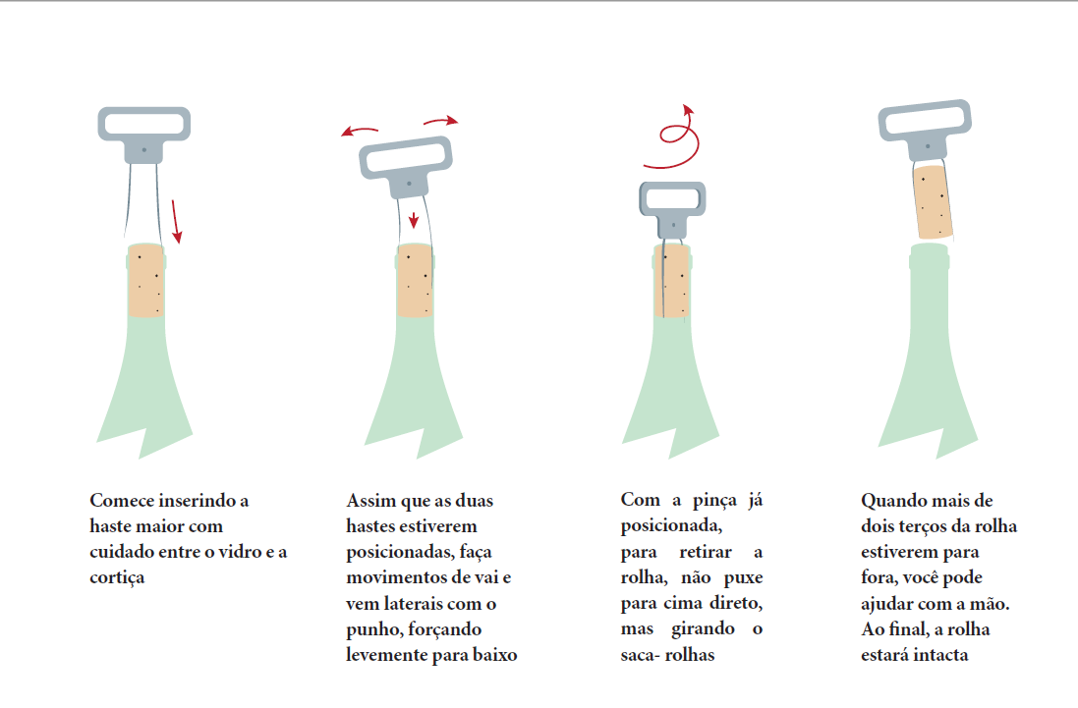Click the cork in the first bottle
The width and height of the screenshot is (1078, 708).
pos(145,280)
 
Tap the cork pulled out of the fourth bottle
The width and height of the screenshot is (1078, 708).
pos(933,200)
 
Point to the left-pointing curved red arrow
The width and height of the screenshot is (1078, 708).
pos(360,130)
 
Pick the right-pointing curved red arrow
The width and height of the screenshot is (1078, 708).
pos(440,121)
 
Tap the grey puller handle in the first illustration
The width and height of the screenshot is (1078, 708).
pos(143,134)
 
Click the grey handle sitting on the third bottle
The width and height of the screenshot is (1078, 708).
pos(672,208)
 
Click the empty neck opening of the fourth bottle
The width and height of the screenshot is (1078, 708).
pos(929,248)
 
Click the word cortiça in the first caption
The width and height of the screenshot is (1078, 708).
pos(117,577)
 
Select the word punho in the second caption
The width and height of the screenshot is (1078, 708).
pos(374,630)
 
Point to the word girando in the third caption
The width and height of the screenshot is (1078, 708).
pos(703,629)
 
